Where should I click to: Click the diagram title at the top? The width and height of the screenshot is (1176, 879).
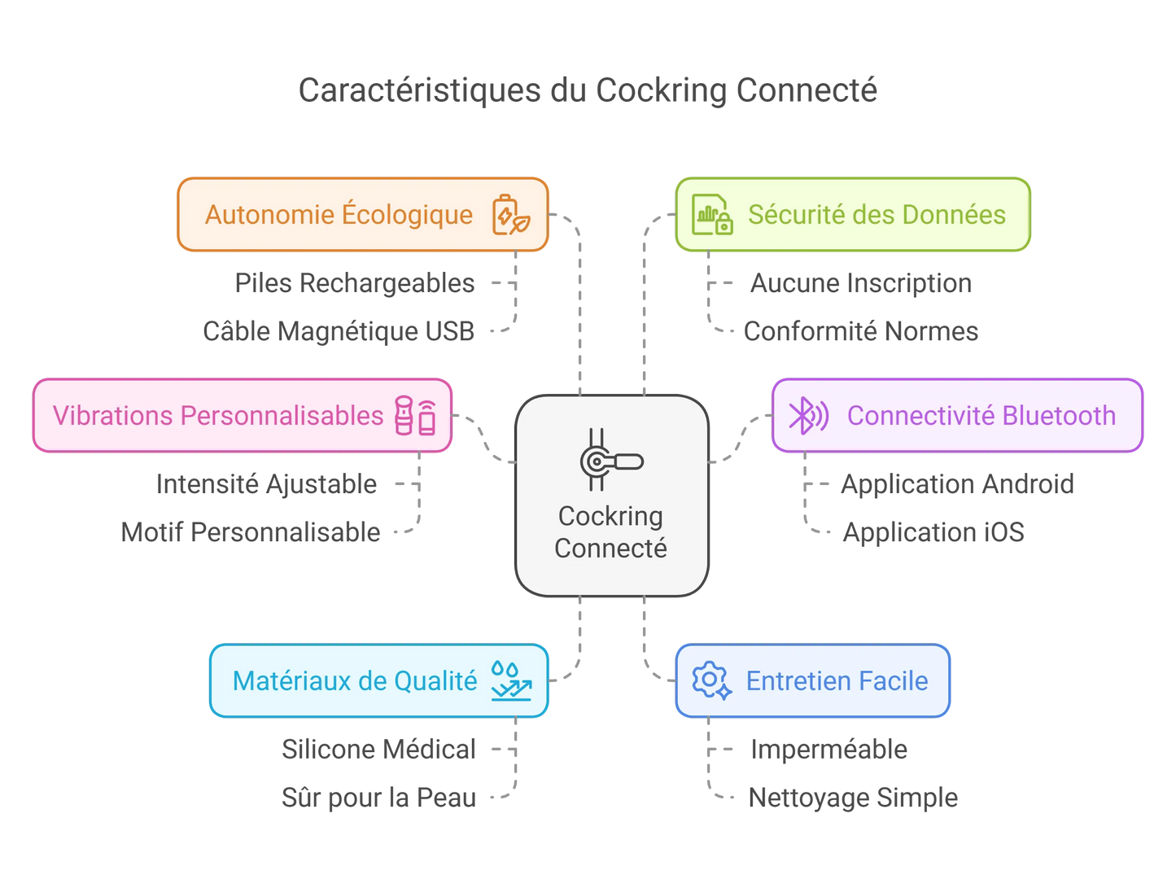[588, 90]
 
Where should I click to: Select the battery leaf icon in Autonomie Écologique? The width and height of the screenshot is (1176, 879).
[510, 215]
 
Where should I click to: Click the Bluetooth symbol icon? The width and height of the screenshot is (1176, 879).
[807, 416]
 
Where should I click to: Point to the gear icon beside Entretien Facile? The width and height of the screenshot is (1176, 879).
[710, 680]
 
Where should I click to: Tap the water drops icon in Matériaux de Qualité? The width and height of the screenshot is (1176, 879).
[510, 680]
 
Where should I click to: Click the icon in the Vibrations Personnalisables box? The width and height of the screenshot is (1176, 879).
[415, 416]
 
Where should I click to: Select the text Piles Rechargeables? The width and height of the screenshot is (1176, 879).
[355, 283]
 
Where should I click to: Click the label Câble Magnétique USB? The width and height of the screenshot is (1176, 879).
[339, 331]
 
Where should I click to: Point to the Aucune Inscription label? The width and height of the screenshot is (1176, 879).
[860, 283]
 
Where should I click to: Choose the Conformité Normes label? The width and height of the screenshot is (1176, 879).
[860, 331]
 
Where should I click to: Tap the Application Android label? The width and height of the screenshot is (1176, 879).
[956, 484]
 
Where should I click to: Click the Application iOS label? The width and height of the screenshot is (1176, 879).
[933, 532]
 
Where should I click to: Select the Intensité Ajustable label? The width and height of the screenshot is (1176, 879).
[267, 484]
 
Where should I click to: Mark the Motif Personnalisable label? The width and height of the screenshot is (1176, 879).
[251, 532]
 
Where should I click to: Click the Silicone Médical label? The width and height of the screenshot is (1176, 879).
[378, 749]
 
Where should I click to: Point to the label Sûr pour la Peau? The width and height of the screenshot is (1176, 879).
[378, 798]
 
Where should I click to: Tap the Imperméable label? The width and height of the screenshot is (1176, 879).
[828, 749]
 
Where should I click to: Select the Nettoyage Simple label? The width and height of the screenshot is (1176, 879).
[853, 798]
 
